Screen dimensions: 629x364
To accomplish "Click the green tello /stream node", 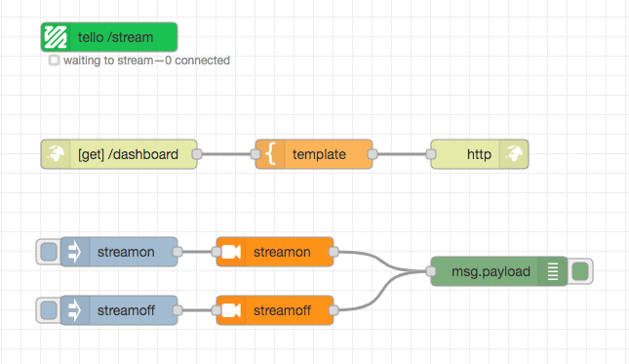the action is pyautogui.click(x=109, y=37).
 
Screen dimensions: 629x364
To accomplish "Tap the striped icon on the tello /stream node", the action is pyautogui.click(x=56, y=37).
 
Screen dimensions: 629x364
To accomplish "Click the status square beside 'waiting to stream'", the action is pyautogui.click(x=54, y=61).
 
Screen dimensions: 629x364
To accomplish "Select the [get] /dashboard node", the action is pyautogui.click(x=119, y=154).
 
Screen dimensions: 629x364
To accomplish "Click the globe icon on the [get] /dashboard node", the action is pyautogui.click(x=56, y=154).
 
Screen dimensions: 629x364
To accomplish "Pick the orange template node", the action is pyautogui.click(x=314, y=154).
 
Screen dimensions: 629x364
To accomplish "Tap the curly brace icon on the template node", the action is pyautogui.click(x=271, y=154).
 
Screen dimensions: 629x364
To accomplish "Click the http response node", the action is pyautogui.click(x=480, y=154).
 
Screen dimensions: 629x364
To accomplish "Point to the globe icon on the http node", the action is pyautogui.click(x=514, y=154).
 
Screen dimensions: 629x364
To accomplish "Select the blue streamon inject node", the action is pyautogui.click(x=119, y=252).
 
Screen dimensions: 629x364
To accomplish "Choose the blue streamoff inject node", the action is pyautogui.click(x=119, y=310).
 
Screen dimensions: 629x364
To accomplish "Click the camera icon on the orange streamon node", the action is pyautogui.click(x=231, y=252).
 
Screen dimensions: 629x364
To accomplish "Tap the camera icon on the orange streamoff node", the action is pyautogui.click(x=231, y=310).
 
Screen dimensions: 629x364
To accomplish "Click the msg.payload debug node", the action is pyautogui.click(x=499, y=271).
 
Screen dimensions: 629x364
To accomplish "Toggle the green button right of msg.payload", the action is pyautogui.click(x=580, y=271).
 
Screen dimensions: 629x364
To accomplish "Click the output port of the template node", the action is pyautogui.click(x=373, y=154).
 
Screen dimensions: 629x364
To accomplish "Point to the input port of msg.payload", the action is pyautogui.click(x=431, y=271).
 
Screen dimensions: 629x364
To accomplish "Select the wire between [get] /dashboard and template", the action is pyautogui.click(x=226, y=154).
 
